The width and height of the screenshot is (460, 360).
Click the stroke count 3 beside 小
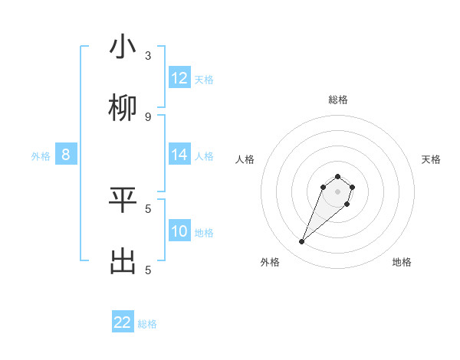(x=148, y=56)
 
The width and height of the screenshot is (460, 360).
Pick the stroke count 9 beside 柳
(x=148, y=117)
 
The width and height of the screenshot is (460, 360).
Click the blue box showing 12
(x=179, y=78)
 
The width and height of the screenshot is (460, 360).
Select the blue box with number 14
(x=179, y=155)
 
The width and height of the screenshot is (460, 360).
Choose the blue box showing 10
(x=179, y=231)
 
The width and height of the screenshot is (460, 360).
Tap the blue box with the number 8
(x=66, y=155)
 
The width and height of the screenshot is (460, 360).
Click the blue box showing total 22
(x=123, y=322)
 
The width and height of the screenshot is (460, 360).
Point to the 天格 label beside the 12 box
(x=204, y=80)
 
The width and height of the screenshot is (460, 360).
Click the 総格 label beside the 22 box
(x=147, y=324)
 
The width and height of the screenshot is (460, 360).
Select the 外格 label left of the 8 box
(x=41, y=156)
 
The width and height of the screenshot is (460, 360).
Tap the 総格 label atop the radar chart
(x=338, y=100)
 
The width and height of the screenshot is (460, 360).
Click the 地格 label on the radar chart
(x=402, y=262)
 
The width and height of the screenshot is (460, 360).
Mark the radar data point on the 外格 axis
(x=302, y=242)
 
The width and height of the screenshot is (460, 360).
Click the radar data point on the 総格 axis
(x=338, y=175)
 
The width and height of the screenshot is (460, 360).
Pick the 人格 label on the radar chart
(x=245, y=159)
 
